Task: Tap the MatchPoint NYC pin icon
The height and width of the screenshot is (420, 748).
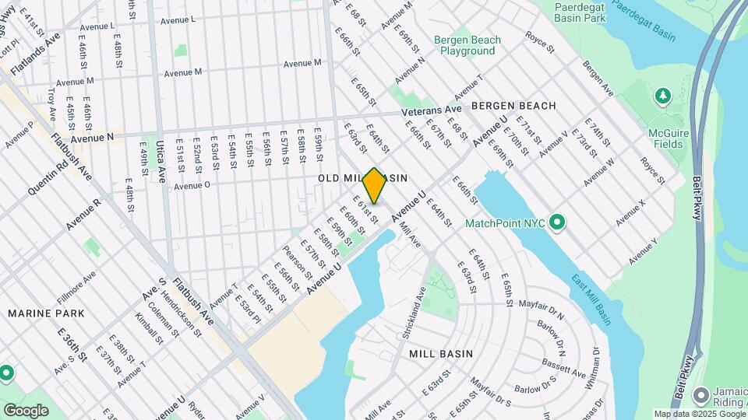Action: (556, 223)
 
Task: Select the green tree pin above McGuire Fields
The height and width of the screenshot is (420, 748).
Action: (662, 96)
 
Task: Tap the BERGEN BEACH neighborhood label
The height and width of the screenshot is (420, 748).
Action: (513, 105)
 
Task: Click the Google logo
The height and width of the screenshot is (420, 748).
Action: (26, 410)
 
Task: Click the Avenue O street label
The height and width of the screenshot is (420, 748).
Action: (192, 186)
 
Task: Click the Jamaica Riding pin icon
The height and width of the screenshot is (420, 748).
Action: (701, 395)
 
